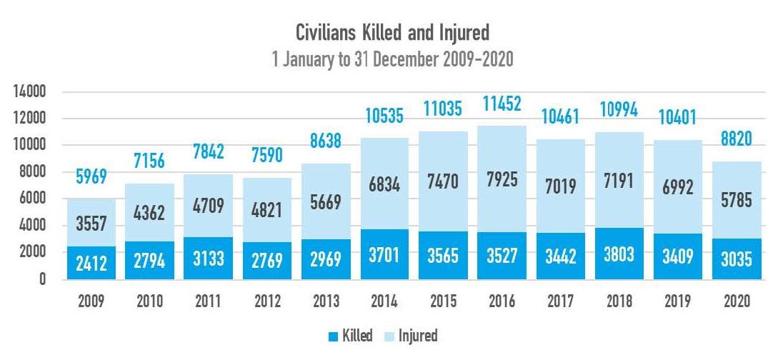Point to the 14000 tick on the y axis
28,92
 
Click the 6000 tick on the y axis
31,199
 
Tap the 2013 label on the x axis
321,301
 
